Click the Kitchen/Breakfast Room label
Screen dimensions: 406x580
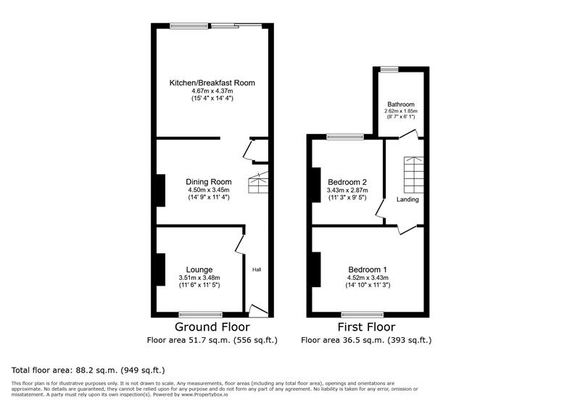click(212, 83)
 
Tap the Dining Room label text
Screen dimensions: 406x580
click(209, 181)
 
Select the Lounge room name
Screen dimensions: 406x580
click(199, 269)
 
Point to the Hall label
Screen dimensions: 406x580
click(257, 270)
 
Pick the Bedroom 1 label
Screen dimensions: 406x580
click(368, 269)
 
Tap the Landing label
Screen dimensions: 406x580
click(407, 199)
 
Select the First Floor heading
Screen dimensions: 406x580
click(366, 327)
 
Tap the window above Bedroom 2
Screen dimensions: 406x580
click(345, 136)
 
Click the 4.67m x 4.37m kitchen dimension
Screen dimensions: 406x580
click(212, 91)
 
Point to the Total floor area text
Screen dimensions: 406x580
click(73, 368)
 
